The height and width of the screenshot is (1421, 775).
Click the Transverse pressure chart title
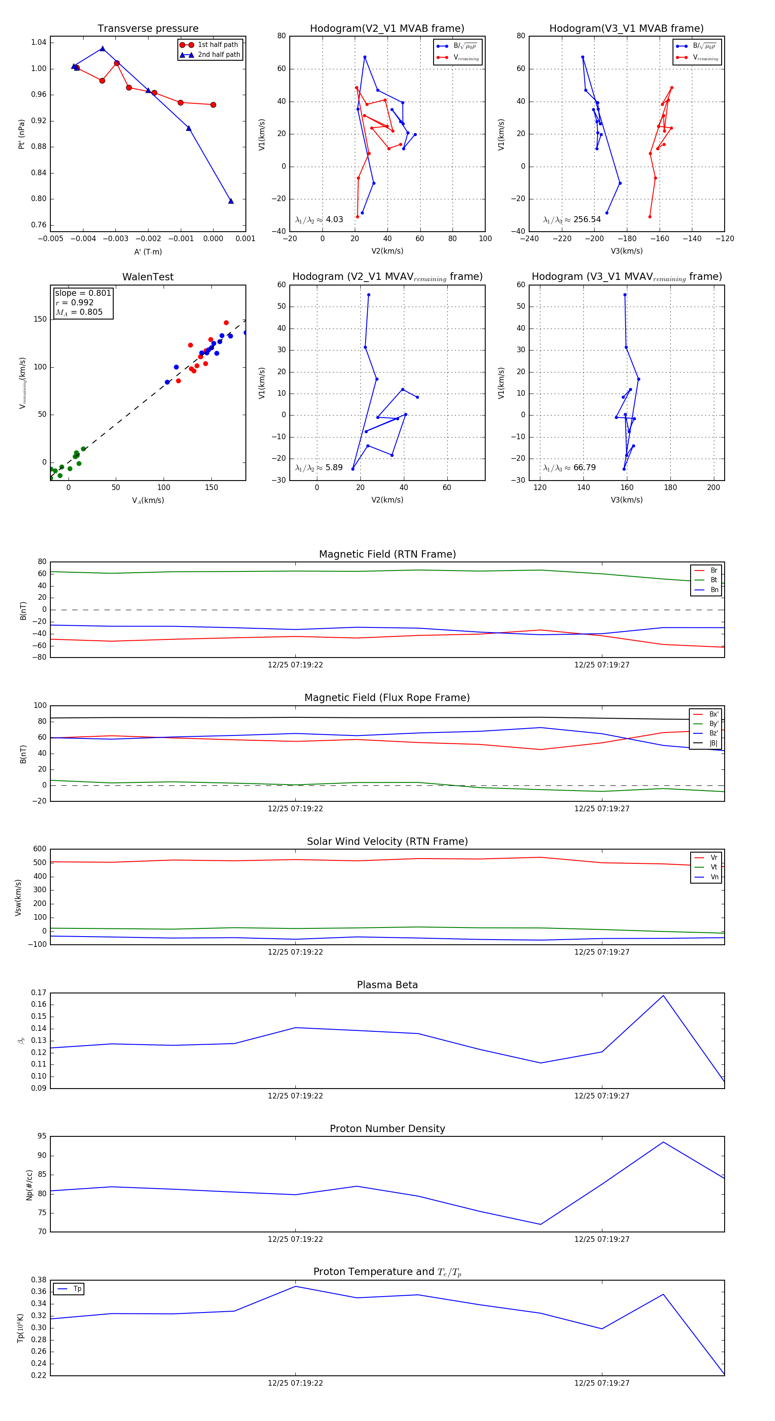tap(148, 29)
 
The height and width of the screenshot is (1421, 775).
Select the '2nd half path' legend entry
tap(218, 55)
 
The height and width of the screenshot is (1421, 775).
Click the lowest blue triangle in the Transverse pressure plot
tap(231, 201)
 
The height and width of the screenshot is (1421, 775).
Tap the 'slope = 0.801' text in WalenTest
tap(83, 293)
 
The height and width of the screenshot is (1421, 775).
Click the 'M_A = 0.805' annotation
tap(79, 312)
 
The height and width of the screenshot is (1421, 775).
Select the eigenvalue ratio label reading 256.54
tap(572, 220)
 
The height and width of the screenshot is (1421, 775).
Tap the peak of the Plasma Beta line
tap(663, 996)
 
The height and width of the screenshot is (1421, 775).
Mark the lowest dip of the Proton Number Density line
tap(541, 1225)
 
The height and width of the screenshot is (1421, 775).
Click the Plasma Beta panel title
tap(387, 985)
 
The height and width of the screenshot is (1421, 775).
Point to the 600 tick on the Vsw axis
tap(40, 849)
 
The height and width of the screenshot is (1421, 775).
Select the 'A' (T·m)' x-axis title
tap(148, 251)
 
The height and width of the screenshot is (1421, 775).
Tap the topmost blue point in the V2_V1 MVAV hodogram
tap(369, 295)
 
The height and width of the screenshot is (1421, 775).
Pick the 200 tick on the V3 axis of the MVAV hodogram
tap(713, 487)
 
